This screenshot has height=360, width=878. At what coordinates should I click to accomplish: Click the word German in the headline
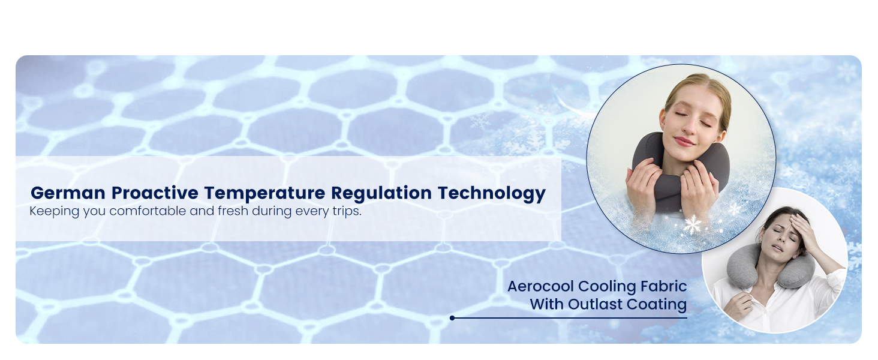coord(68,193)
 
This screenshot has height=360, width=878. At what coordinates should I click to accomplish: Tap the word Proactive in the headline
coord(155,193)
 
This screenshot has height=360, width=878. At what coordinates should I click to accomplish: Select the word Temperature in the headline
coord(264,193)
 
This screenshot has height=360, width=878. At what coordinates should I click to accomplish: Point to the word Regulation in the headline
coord(381,193)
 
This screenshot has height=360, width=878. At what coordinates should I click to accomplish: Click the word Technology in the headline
coord(492,194)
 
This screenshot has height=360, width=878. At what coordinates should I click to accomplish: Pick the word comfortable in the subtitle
coord(148,211)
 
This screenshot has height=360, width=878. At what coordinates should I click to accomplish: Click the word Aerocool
coord(541,286)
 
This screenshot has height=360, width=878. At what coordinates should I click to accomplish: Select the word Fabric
coord(663,286)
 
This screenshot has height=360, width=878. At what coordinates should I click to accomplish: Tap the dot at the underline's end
coord(452,318)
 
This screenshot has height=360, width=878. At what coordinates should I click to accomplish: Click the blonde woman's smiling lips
coord(684,141)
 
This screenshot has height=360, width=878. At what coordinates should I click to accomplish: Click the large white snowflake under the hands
coord(692,225)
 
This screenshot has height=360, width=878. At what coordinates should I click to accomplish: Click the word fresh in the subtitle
coord(233,211)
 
